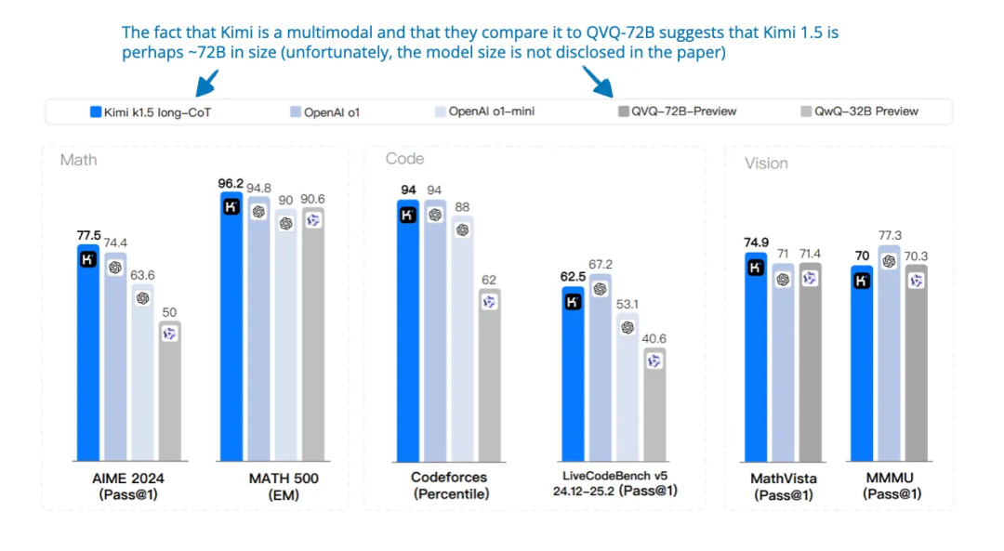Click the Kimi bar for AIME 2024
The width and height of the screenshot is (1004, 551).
(87, 362)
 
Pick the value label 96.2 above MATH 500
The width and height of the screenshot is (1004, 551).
(231, 183)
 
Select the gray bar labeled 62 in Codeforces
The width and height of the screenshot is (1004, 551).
(489, 381)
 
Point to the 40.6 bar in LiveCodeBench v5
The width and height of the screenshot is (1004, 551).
(654, 409)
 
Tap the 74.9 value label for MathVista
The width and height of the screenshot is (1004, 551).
(756, 243)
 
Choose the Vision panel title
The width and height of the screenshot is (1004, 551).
(766, 164)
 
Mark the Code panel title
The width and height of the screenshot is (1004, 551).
(404, 159)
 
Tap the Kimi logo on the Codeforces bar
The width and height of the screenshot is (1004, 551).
(407, 216)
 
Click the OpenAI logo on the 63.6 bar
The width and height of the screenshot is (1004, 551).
(142, 298)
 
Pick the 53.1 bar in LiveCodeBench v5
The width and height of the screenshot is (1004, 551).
(627, 390)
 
